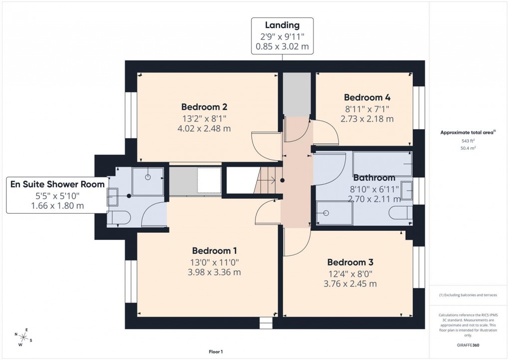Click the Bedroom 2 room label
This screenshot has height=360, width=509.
pyautogui.click(x=204, y=107)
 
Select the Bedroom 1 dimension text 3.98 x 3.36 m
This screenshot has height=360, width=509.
pyautogui.click(x=214, y=272)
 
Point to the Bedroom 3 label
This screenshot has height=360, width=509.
pyautogui.click(x=350, y=262)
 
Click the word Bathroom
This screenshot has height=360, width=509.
pyautogui.click(x=374, y=178)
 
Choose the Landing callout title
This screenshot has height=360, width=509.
pyautogui.click(x=282, y=25)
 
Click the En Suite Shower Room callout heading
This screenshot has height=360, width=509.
pyautogui.click(x=58, y=184)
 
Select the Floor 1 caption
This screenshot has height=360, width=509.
pyautogui.click(x=216, y=352)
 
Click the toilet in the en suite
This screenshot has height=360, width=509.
pyautogui.click(x=119, y=218)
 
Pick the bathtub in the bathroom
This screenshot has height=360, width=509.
pyautogui.click(x=382, y=162)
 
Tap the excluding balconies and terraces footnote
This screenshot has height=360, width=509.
pyautogui.click(x=468, y=295)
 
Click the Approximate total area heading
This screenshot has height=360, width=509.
pyautogui.click(x=467, y=132)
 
